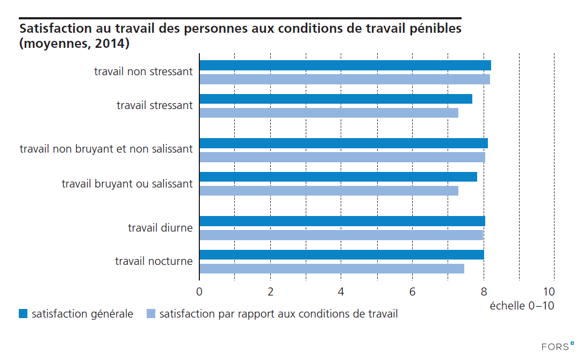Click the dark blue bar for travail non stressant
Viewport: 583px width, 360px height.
click(x=345, y=66)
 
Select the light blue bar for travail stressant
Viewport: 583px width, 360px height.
click(x=329, y=113)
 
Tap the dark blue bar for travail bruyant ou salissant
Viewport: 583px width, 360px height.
click(x=338, y=177)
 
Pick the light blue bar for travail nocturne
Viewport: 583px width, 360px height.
click(x=332, y=269)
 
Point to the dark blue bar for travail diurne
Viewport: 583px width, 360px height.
click(x=342, y=221)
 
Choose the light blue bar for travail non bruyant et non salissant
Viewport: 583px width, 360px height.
click(x=342, y=157)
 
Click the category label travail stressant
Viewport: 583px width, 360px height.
click(x=155, y=105)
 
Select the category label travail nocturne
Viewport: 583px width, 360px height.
click(x=154, y=261)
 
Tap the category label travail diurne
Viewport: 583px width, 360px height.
click(x=160, y=228)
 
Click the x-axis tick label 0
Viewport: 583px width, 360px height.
click(x=199, y=292)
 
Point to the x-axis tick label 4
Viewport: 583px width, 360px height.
click(x=341, y=292)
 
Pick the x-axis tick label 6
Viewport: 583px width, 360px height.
click(x=412, y=292)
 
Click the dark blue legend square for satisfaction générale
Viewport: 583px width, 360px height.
click(x=23, y=314)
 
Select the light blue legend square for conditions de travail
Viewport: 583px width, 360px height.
click(x=151, y=314)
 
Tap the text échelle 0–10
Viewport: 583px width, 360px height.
click(x=521, y=306)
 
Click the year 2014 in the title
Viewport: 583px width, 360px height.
click(x=110, y=44)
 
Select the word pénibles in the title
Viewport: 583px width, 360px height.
click(x=434, y=28)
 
